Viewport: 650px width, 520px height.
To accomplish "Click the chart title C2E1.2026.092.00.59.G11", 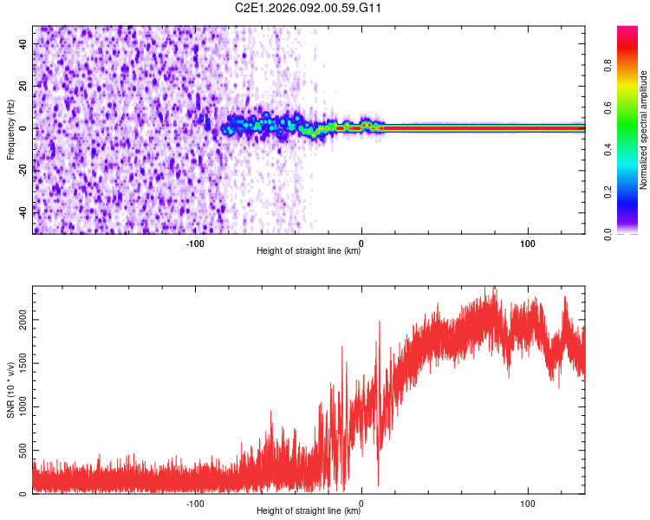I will (309, 8).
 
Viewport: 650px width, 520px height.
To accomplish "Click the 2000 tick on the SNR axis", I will (21, 320).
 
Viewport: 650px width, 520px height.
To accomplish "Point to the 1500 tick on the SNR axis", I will (21, 364).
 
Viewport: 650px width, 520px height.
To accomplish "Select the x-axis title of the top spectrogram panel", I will (309, 251).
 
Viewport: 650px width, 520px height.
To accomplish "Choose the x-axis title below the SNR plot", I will (309, 511).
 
